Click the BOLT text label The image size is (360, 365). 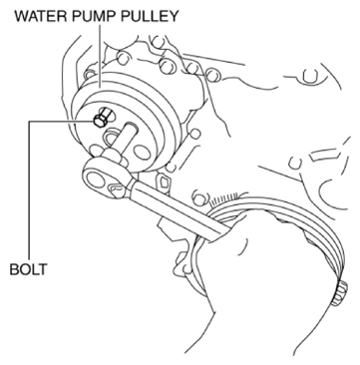click(x=28, y=269)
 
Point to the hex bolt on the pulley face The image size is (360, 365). click(x=101, y=120)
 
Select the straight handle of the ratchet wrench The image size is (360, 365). click(x=178, y=211)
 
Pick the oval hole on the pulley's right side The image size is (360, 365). click(x=142, y=152)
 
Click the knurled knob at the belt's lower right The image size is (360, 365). click(x=340, y=292)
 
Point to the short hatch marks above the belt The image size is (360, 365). click(x=225, y=198)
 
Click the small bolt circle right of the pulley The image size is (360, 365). click(x=195, y=134)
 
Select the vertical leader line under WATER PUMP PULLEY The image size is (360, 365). click(x=100, y=56)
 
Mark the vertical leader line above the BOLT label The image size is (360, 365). click(x=29, y=190)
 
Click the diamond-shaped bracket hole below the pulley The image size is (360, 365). click(x=164, y=182)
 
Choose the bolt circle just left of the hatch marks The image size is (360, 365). click(x=199, y=199)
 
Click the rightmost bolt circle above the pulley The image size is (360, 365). click(x=212, y=76)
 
